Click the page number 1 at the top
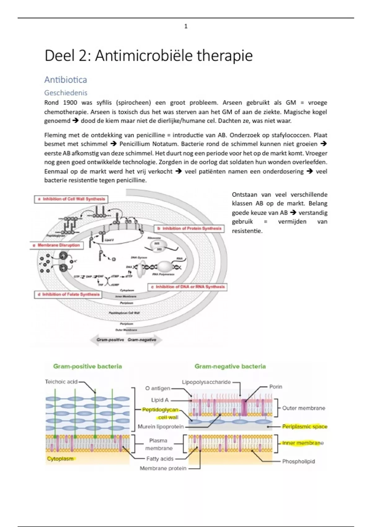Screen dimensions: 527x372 point(186,26)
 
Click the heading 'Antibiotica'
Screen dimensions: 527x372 point(65,80)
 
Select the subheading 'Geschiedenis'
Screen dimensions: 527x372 point(66,93)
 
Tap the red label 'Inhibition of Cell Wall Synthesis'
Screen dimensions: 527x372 point(71,199)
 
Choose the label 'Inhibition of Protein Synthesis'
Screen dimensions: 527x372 point(189,228)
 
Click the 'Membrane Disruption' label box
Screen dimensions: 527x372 point(56,245)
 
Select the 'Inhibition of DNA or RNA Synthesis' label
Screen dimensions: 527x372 point(188,287)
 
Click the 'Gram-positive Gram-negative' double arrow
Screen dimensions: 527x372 point(126,340)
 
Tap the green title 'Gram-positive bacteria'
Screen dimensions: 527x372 point(87,366)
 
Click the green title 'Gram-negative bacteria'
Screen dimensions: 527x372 point(230,366)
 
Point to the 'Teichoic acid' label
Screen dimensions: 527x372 point(61,382)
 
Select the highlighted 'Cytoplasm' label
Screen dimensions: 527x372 point(60,459)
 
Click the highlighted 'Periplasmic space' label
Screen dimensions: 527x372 point(304,427)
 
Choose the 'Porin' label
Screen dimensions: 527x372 point(276,387)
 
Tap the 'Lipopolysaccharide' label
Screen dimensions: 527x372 point(206,382)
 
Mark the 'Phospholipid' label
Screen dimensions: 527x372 point(298,461)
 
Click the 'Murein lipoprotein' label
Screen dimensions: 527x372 point(161,427)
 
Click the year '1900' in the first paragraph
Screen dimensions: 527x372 point(70,103)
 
